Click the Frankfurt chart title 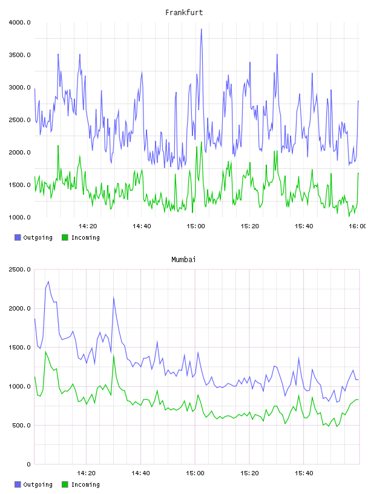tap(184, 13)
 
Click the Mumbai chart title tap(183, 260)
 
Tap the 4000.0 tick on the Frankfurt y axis tap(20, 22)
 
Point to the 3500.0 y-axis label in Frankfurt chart tap(20, 55)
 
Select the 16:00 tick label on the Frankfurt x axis tap(358, 226)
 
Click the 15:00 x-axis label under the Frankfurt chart tap(195, 226)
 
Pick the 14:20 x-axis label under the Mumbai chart tap(86, 473)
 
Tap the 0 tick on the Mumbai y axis tap(28, 464)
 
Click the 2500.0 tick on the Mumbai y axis tap(20, 269)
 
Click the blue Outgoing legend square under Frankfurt tap(18, 237)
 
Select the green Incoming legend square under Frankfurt tap(65, 237)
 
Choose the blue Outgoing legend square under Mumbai tap(18, 484)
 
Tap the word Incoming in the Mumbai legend tap(85, 484)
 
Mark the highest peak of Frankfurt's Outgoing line tap(202, 29)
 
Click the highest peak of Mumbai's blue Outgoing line tap(48, 282)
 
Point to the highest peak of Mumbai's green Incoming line tap(45, 352)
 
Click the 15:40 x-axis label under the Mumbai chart tap(304, 473)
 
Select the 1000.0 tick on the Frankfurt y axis tap(20, 217)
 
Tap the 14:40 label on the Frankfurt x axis tap(142, 226)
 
